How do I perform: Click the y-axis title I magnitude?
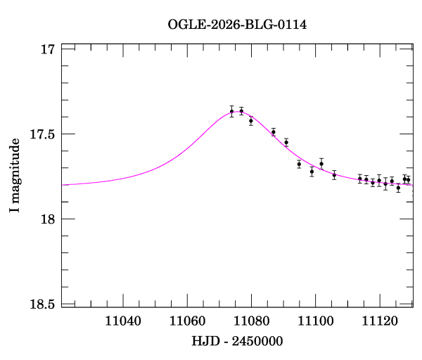15,176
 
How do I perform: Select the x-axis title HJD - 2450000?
237,341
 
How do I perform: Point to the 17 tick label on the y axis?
48,49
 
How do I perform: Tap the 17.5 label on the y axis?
41,134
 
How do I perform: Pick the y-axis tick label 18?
48,219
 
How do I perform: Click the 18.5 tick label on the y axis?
41,304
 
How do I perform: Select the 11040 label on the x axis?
124,322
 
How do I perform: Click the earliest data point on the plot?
231,111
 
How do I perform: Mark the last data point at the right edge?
408,180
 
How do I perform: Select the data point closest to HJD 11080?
250,121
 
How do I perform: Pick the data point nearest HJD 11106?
334,175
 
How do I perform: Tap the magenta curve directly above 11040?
124,178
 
